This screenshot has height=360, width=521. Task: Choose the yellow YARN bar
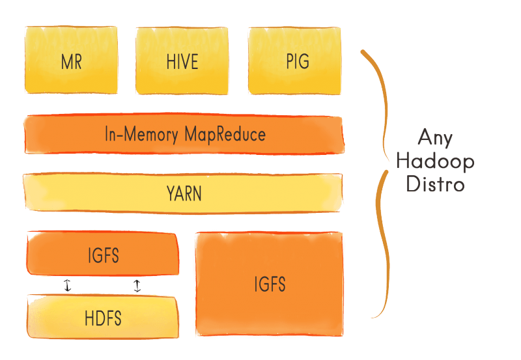click(x=183, y=193)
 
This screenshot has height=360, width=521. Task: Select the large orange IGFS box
click(x=270, y=284)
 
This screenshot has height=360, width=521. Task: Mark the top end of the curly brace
click(x=362, y=51)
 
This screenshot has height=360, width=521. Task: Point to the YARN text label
click(x=183, y=193)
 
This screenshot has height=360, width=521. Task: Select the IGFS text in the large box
click(x=270, y=284)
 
